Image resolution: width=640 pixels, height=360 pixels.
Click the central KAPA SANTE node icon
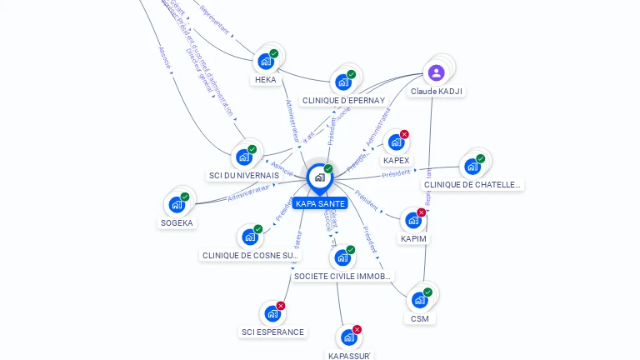tap(319, 177)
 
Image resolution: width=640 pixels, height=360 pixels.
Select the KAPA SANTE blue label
tap(319, 203)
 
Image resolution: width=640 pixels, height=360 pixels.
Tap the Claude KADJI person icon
tap(436, 73)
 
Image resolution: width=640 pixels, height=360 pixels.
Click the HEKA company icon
tap(266, 62)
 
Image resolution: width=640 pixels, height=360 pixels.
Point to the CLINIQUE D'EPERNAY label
tap(343, 100)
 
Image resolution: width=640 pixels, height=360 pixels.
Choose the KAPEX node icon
tap(396, 142)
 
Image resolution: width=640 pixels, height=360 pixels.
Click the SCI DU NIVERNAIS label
tap(243, 175)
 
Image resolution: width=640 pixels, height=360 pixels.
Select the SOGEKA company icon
tap(176, 205)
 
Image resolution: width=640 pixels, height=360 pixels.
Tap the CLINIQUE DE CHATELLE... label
tap(472, 185)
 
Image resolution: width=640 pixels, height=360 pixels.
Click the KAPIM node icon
tap(412, 221)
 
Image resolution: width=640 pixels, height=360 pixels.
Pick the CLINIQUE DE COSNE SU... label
tap(250, 255)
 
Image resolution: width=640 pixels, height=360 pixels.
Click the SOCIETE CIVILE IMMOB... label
tap(342, 276)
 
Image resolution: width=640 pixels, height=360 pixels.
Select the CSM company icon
tap(419, 300)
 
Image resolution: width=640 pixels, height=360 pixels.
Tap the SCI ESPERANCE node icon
tap(272, 314)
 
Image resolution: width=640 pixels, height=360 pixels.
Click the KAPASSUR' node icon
tap(348, 337)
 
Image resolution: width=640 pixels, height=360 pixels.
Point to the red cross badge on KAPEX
tap(404, 134)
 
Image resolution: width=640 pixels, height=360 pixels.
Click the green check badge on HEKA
tap(274, 53)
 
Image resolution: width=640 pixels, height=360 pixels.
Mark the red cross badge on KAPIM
tap(421, 212)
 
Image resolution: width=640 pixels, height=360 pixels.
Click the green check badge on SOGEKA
tap(184, 197)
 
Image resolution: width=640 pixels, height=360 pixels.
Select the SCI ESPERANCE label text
tap(272, 332)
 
